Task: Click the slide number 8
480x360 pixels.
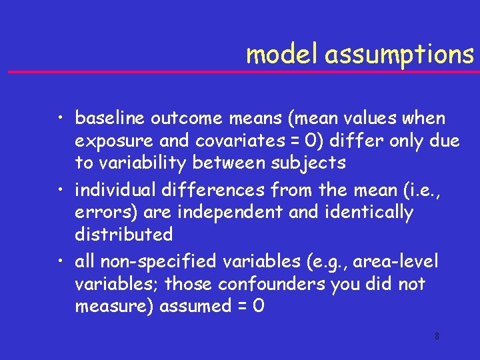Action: click(x=437, y=337)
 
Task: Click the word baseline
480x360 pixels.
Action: click(x=110, y=119)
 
